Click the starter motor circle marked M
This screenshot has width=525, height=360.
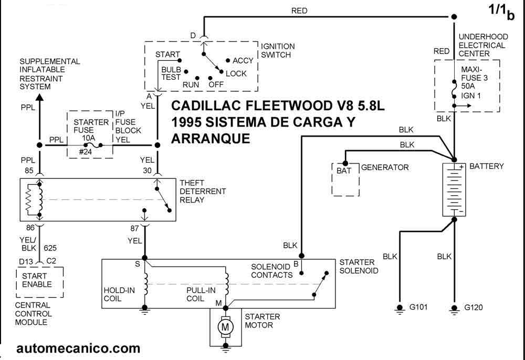[226, 327]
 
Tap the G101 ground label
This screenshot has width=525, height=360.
[418, 307]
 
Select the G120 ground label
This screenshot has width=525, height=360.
[474, 307]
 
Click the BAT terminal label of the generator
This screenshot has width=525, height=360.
[344, 171]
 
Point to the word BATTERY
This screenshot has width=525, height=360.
[486, 166]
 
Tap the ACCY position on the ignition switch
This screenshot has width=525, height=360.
[243, 60]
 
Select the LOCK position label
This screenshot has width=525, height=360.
[236, 73]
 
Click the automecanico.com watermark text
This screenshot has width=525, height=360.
[78, 348]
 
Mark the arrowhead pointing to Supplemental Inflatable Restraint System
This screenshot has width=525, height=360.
[39, 98]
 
